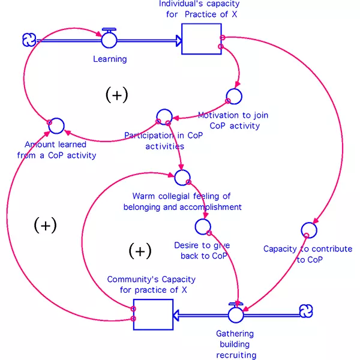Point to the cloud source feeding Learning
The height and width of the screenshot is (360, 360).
pyautogui.click(x=29, y=40)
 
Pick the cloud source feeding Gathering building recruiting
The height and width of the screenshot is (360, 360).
pyautogui.click(x=306, y=311)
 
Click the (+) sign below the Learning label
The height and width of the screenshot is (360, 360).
pyautogui.click(x=116, y=95)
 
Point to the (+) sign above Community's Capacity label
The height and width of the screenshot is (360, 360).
pyautogui.click(x=140, y=251)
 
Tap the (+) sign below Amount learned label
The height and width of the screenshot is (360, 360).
pyautogui.click(x=45, y=225)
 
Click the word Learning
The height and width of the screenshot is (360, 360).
pyautogui.click(x=110, y=59)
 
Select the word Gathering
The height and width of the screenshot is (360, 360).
pyautogui.click(x=235, y=334)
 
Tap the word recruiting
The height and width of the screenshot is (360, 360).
pyautogui.click(x=236, y=355)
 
